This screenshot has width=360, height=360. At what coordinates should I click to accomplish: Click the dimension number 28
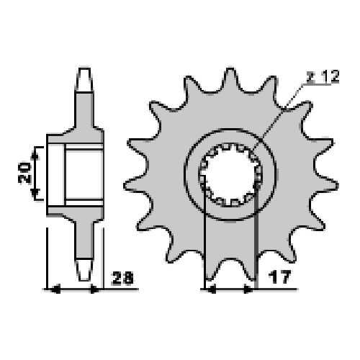[122, 278]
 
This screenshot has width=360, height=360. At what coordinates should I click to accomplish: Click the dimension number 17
[280, 276]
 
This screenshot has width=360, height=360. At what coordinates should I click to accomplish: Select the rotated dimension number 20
[25, 173]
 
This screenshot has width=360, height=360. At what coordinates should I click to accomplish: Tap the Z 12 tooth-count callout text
[323, 77]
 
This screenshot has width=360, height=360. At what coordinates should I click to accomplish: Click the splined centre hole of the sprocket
[230, 175]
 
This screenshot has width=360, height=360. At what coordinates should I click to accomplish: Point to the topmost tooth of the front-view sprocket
[230, 79]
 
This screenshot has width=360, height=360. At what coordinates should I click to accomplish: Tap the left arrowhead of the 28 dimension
[55, 289]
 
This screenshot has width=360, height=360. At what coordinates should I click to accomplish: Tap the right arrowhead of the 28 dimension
[94, 289]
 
